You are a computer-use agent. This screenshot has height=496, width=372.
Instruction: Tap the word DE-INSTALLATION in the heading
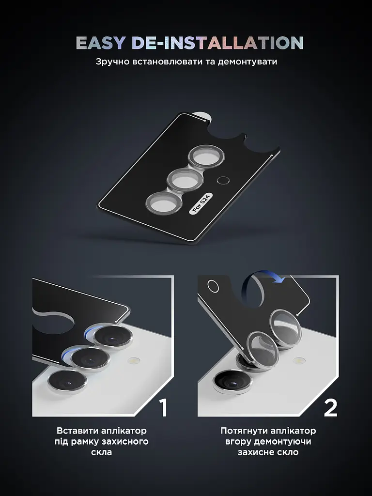217,43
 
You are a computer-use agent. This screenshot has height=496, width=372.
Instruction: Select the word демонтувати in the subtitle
247,62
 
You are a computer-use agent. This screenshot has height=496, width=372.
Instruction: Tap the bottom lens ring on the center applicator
164,203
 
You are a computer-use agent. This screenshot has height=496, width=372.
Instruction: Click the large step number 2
331,407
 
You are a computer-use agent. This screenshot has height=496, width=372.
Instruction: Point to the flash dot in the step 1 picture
134,360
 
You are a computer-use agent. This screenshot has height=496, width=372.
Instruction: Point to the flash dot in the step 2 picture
298,360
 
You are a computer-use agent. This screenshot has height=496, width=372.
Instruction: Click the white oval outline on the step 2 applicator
213,286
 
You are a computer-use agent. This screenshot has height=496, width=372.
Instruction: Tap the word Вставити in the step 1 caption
77,431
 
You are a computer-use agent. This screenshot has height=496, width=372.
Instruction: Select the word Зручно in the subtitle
112,62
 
